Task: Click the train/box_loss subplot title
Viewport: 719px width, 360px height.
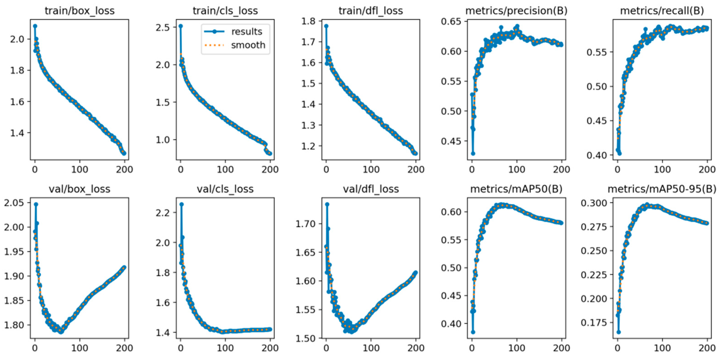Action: tap(80, 11)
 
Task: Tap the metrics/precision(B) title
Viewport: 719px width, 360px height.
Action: tap(516, 11)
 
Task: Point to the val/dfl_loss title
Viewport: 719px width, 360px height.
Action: tap(371, 189)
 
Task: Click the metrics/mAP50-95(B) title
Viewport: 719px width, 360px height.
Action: tap(662, 189)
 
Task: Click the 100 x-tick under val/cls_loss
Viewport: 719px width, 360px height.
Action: tap(225, 348)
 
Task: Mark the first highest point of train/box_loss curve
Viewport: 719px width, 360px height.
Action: tap(35, 26)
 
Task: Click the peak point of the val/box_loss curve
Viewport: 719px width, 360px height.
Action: tap(36, 204)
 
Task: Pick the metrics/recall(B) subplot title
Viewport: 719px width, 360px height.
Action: tap(662, 11)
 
